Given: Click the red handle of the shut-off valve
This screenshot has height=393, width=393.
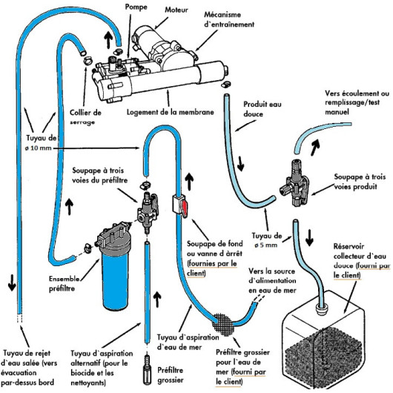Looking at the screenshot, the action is [184, 208].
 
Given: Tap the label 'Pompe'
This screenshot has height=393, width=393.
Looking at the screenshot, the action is [136, 7].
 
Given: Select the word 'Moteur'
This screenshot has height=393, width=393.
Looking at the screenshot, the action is [176, 10].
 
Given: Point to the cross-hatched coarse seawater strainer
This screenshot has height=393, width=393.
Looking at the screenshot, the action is [223, 325].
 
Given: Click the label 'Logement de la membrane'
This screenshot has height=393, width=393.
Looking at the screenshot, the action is [171, 112].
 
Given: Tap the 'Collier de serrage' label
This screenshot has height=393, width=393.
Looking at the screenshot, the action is [85, 117].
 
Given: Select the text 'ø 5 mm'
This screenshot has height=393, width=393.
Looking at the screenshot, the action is [266, 245].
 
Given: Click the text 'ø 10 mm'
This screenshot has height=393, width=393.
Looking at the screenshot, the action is [38, 148].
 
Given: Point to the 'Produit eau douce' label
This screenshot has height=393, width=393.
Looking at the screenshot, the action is [262, 109].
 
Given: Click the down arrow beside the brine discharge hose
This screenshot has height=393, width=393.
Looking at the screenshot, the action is [12, 283].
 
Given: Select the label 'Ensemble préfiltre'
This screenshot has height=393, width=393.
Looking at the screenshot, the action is [64, 283].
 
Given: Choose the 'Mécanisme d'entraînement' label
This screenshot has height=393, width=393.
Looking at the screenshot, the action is [229, 19].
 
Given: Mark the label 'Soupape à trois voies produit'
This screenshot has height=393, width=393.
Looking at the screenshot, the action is [360, 182].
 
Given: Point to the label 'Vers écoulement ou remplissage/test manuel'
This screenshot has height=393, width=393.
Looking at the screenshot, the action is [357, 102].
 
